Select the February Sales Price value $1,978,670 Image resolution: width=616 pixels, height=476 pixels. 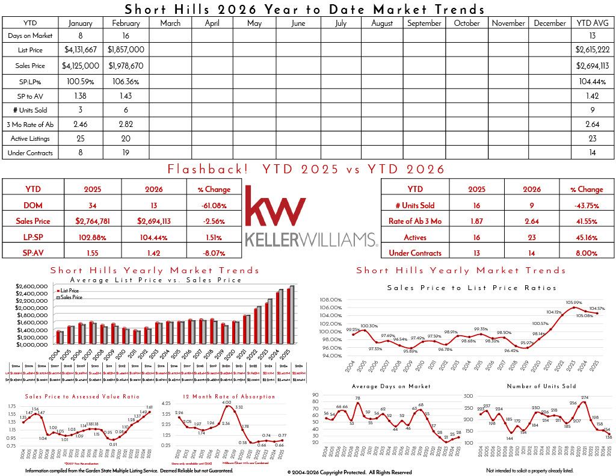point(126,66)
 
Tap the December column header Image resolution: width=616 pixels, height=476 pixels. point(550,23)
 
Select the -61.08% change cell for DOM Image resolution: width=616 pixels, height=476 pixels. point(214,205)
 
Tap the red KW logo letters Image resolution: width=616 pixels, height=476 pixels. point(275,206)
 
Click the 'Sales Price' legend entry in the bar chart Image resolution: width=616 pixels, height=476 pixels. point(71,297)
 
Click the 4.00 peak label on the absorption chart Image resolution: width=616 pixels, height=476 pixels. point(227,402)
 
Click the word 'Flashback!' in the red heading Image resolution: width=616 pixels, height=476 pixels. point(208,169)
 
